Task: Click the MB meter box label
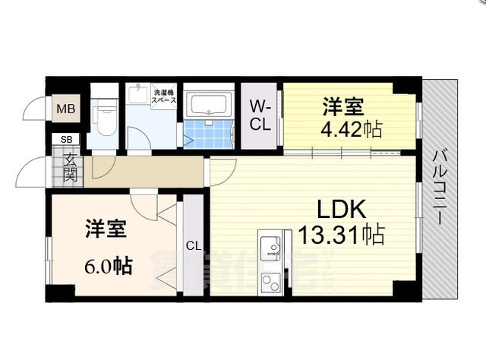[x=65, y=109]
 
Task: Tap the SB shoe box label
[x=66, y=140]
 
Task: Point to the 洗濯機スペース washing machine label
[x=164, y=95]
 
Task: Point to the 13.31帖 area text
[x=342, y=233]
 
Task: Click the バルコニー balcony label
[x=439, y=187]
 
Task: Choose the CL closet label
[x=194, y=245]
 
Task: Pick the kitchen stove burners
[x=270, y=282]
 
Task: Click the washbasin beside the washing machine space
[x=138, y=97]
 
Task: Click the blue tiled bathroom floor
[x=209, y=132]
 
